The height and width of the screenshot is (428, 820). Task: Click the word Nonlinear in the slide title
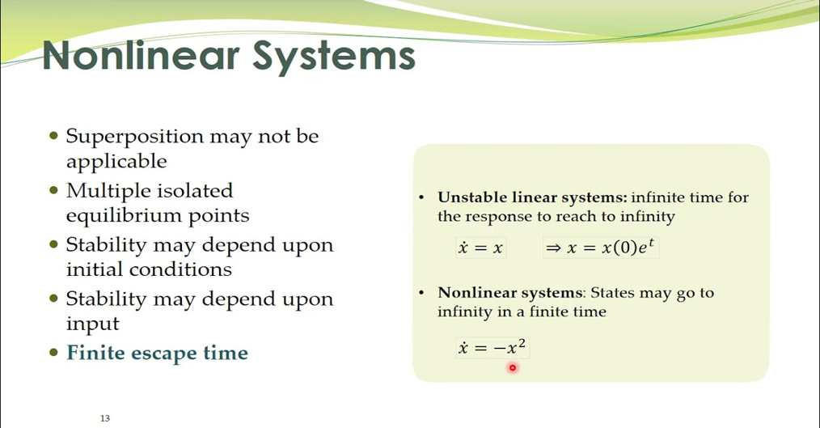pos(141,55)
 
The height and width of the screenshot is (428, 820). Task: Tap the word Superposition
pos(134,138)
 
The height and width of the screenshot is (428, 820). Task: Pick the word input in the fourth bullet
pos(92,324)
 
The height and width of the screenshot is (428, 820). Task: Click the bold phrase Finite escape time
pos(158,353)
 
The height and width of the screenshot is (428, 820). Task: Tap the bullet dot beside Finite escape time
pos(53,352)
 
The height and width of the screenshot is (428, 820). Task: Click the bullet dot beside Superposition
pos(53,136)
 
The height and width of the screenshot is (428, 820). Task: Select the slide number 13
pos(105,418)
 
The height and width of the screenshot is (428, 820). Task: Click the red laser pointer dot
pos(513,368)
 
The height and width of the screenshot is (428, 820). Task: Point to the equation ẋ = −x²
pos(492,347)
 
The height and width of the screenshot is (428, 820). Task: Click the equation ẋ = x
pos(480,248)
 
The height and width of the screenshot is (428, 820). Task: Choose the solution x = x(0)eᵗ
pos(611,247)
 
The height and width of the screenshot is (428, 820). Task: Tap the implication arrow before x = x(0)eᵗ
pos(553,248)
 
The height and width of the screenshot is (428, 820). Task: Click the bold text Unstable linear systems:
pos(532,197)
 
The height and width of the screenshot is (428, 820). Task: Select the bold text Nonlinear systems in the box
pos(510,293)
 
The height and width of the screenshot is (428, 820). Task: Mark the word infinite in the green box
pos(657,197)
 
